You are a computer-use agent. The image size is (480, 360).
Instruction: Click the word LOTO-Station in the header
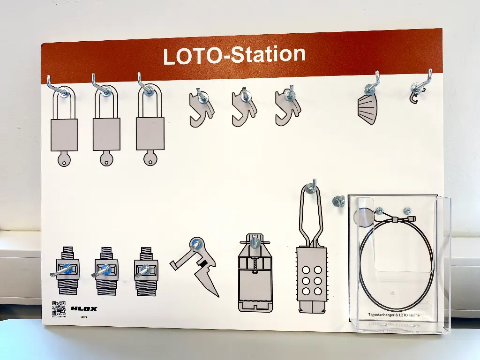coord(234,55)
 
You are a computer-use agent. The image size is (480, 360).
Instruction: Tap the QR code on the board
coord(59,307)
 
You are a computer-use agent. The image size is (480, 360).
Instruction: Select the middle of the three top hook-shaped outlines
coord(244,108)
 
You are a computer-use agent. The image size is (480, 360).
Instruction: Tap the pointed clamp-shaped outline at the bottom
coord(197,267)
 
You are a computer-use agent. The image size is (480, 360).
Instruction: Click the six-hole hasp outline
coord(312,277)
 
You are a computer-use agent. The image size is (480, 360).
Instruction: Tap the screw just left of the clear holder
coord(339,202)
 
